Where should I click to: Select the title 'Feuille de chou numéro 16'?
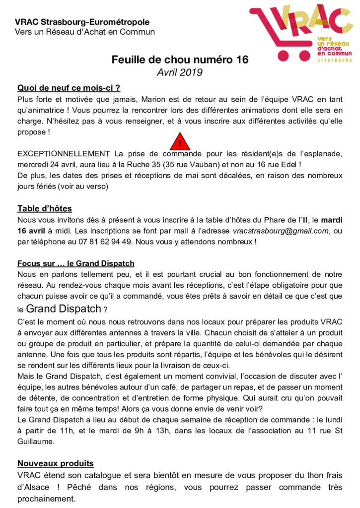click(179, 60)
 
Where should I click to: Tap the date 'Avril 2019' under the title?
click(179, 72)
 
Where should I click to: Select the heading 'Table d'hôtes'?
click(45, 208)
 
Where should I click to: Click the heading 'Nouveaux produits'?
click(56, 463)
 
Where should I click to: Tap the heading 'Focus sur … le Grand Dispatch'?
click(76, 263)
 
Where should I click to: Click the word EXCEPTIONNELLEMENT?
click(64, 154)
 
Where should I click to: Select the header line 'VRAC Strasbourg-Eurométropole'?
click(82, 22)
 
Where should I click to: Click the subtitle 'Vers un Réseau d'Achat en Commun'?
click(85, 32)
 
